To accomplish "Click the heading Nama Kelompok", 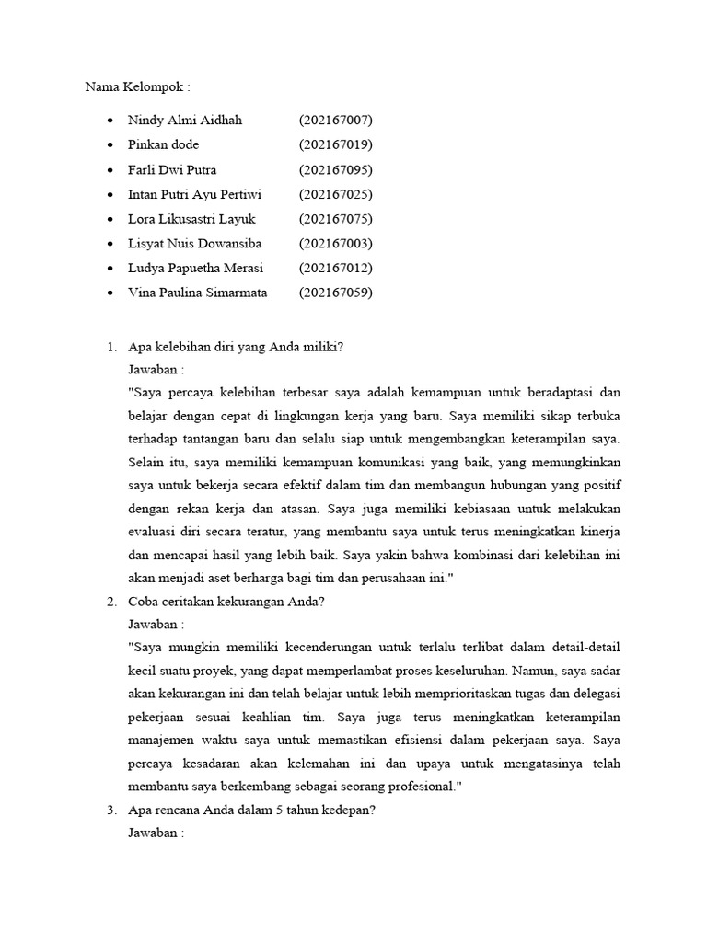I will pyautogui.click(x=137, y=87).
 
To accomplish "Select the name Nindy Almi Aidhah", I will pyautogui.click(x=185, y=121).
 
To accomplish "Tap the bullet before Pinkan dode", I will pyautogui.click(x=110, y=145).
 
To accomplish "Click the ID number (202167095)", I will pyautogui.click(x=336, y=170).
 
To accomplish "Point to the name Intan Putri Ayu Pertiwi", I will pyautogui.click(x=195, y=194).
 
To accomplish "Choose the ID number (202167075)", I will pyautogui.click(x=336, y=219).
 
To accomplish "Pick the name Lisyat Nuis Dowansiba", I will pyautogui.click(x=195, y=244).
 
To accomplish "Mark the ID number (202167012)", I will pyautogui.click(x=336, y=268).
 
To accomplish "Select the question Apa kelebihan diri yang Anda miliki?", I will pyautogui.click(x=236, y=348).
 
